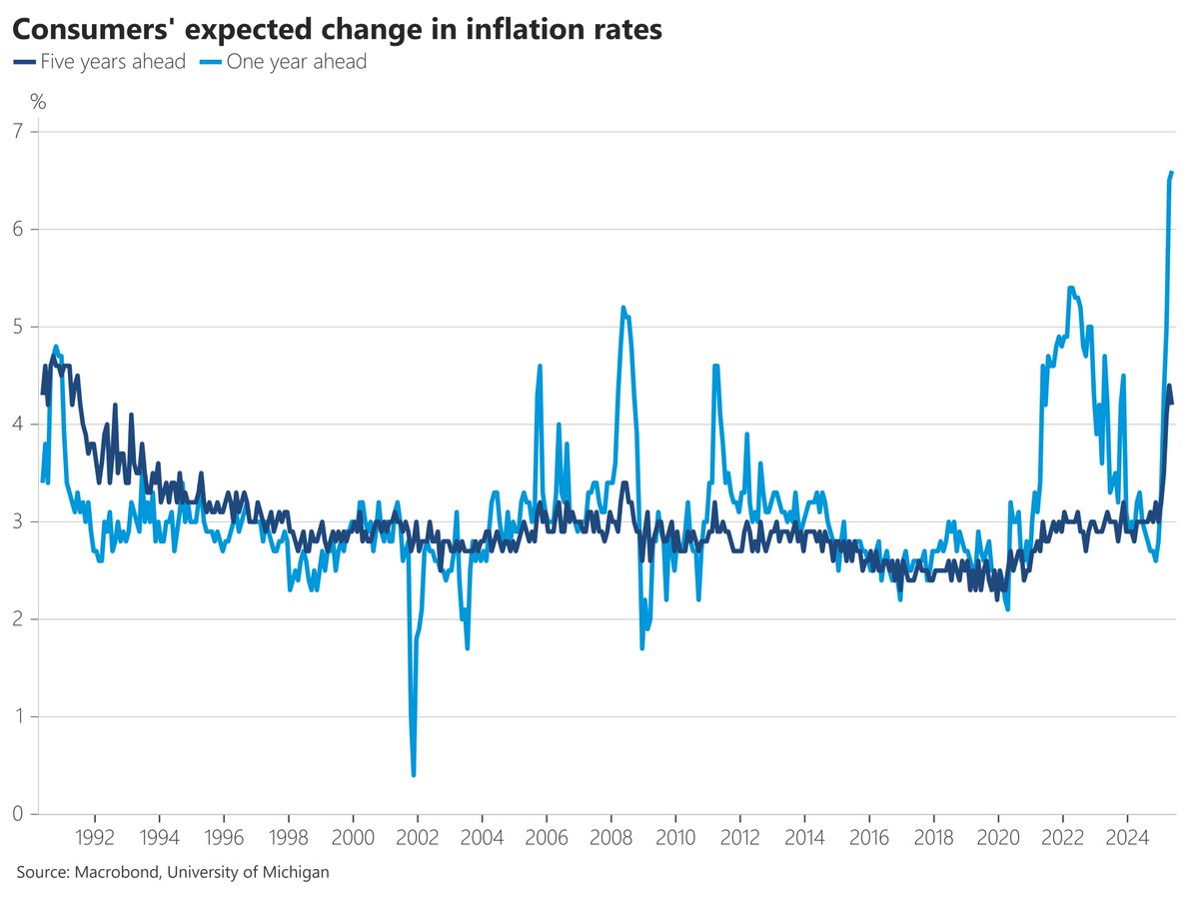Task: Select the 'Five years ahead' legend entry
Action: click(x=100, y=62)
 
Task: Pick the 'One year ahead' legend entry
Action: click(x=283, y=62)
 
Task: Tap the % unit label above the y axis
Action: click(x=38, y=101)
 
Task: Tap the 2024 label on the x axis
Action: click(x=1126, y=835)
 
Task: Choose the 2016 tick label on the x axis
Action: click(x=868, y=835)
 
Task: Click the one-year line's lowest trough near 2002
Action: click(x=414, y=774)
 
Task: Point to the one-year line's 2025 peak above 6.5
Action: click(x=1172, y=173)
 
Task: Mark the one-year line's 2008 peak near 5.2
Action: click(x=623, y=308)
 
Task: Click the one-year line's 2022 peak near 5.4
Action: click(x=1071, y=289)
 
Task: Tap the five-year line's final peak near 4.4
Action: click(x=1169, y=386)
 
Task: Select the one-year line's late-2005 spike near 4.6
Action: click(x=540, y=366)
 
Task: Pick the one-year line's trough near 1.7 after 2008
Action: click(x=642, y=647)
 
